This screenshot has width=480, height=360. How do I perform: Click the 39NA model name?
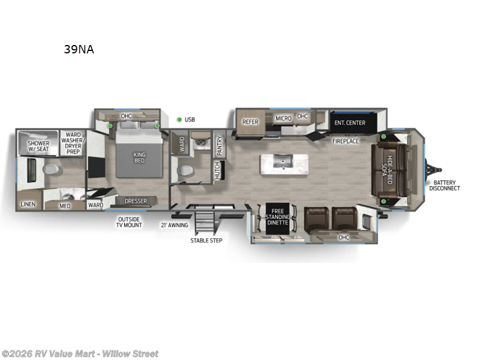click(79, 50)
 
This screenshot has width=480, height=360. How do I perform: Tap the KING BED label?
click(139, 158)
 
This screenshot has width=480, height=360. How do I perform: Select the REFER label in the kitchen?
click(250, 121)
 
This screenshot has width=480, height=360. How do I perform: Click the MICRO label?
click(283, 118)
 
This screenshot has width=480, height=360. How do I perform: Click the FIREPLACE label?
click(346, 141)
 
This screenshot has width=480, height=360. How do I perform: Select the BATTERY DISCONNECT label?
click(444, 185)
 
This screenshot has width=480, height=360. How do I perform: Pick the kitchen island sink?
click(281, 161)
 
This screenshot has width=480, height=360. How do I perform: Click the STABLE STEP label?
click(206, 241)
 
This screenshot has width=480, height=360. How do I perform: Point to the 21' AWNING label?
click(174, 225)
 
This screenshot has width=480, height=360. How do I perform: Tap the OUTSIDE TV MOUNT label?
click(129, 222)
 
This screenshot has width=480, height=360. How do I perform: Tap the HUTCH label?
click(217, 170)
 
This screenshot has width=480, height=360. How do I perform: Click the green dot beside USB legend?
click(179, 119)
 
